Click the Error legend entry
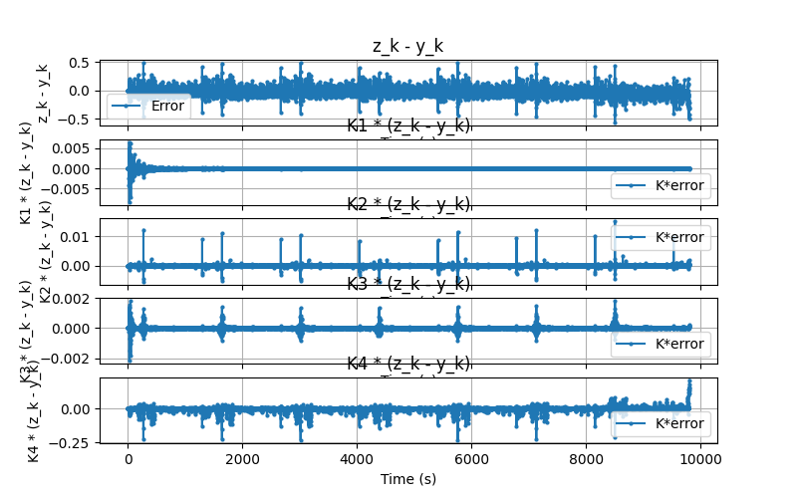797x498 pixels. tap(148, 106)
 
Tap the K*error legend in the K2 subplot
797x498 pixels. tap(661, 237)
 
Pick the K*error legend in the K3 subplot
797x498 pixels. tap(661, 344)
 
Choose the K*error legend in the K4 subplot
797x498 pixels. tap(661, 423)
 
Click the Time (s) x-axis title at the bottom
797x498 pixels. tap(408, 479)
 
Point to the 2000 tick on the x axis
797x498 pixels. tap(242, 458)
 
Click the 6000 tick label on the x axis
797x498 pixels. tap(471, 458)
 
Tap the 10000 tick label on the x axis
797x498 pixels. tap(700, 458)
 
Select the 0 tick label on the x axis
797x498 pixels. tap(128, 458)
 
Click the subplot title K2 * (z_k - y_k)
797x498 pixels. tap(408, 204)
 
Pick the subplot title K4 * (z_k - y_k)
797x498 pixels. tap(408, 364)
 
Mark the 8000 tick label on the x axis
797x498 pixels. tap(586, 458)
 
